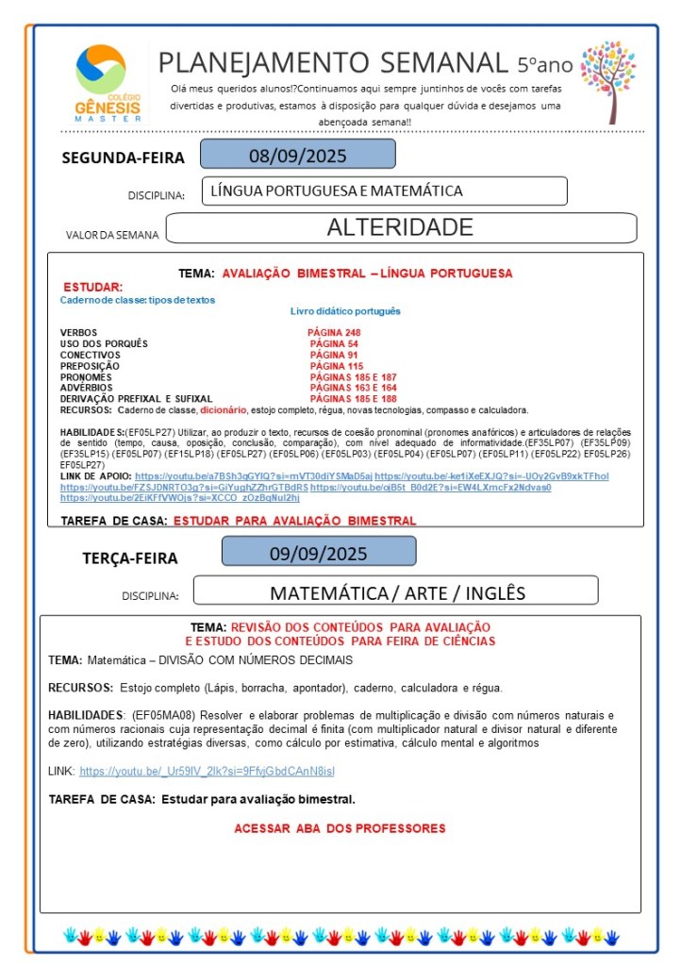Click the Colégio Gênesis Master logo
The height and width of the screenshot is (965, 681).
click(107, 83)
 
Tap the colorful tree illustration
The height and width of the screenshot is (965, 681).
click(607, 81)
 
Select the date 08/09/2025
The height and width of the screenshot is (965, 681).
click(297, 155)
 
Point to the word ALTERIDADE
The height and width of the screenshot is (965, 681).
click(399, 227)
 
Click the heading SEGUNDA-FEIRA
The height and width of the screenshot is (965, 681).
click(123, 158)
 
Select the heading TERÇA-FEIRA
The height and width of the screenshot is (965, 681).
click(129, 557)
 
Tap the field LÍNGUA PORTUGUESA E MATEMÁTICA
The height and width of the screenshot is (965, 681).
click(337, 191)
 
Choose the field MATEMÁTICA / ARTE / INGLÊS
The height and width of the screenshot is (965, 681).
click(397, 592)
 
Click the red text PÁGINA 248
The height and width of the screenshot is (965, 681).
click(333, 333)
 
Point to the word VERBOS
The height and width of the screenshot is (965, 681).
click(78, 333)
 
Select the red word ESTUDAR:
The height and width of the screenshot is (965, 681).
click(92, 287)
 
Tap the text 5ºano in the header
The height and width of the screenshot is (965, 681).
click(544, 65)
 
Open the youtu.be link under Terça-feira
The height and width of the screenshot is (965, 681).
click(207, 772)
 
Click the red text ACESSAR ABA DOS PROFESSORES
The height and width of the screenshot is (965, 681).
click(340, 828)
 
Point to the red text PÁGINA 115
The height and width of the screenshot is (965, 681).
click(336, 366)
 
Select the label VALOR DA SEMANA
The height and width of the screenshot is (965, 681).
click(111, 234)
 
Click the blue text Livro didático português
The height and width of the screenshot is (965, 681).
click(345, 310)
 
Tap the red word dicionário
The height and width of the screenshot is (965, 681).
click(224, 410)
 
